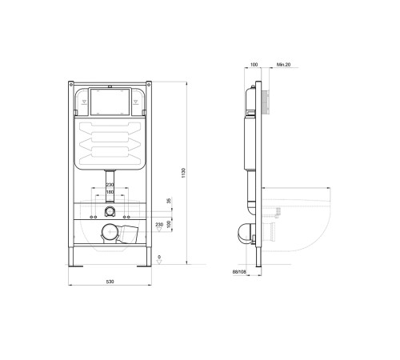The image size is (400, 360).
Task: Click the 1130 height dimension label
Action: (183, 173)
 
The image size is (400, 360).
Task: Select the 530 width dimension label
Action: (110, 282)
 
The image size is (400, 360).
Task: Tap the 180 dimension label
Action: (110, 192)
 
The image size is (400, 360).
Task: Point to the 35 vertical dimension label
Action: (168, 201)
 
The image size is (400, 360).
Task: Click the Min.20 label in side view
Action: (283, 65)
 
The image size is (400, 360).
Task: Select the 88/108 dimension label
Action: (239, 272)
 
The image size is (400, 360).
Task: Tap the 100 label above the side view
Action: (254, 65)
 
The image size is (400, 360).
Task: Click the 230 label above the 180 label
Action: (110, 185)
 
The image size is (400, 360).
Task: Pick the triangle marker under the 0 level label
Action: (159, 262)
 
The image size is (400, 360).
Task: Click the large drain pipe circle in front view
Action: (110, 231)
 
